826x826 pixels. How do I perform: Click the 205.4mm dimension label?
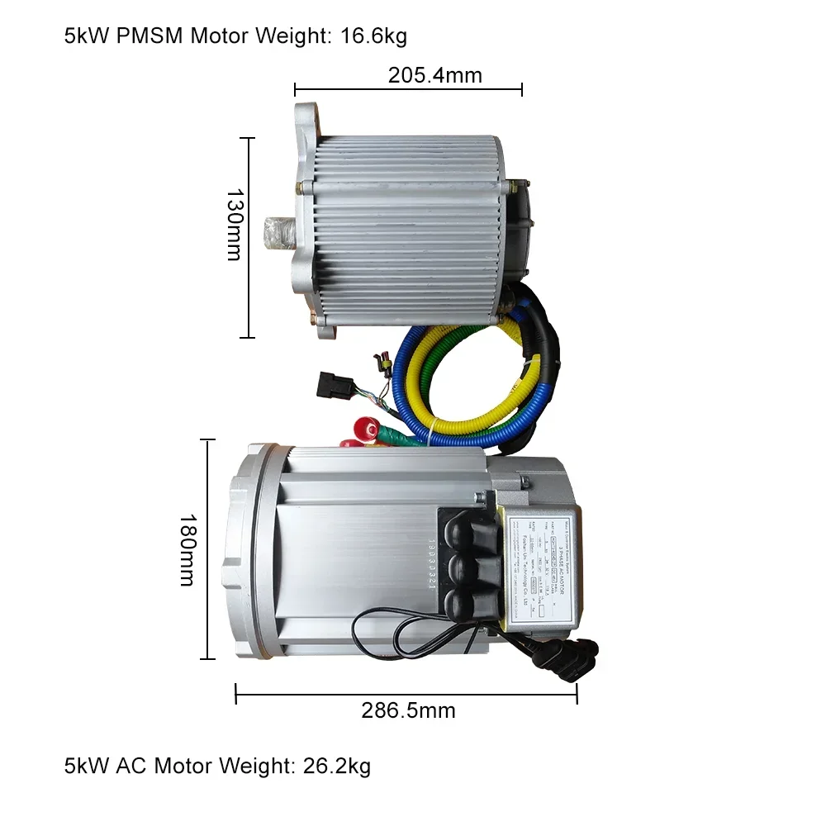point(434,76)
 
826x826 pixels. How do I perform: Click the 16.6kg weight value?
point(373,36)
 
